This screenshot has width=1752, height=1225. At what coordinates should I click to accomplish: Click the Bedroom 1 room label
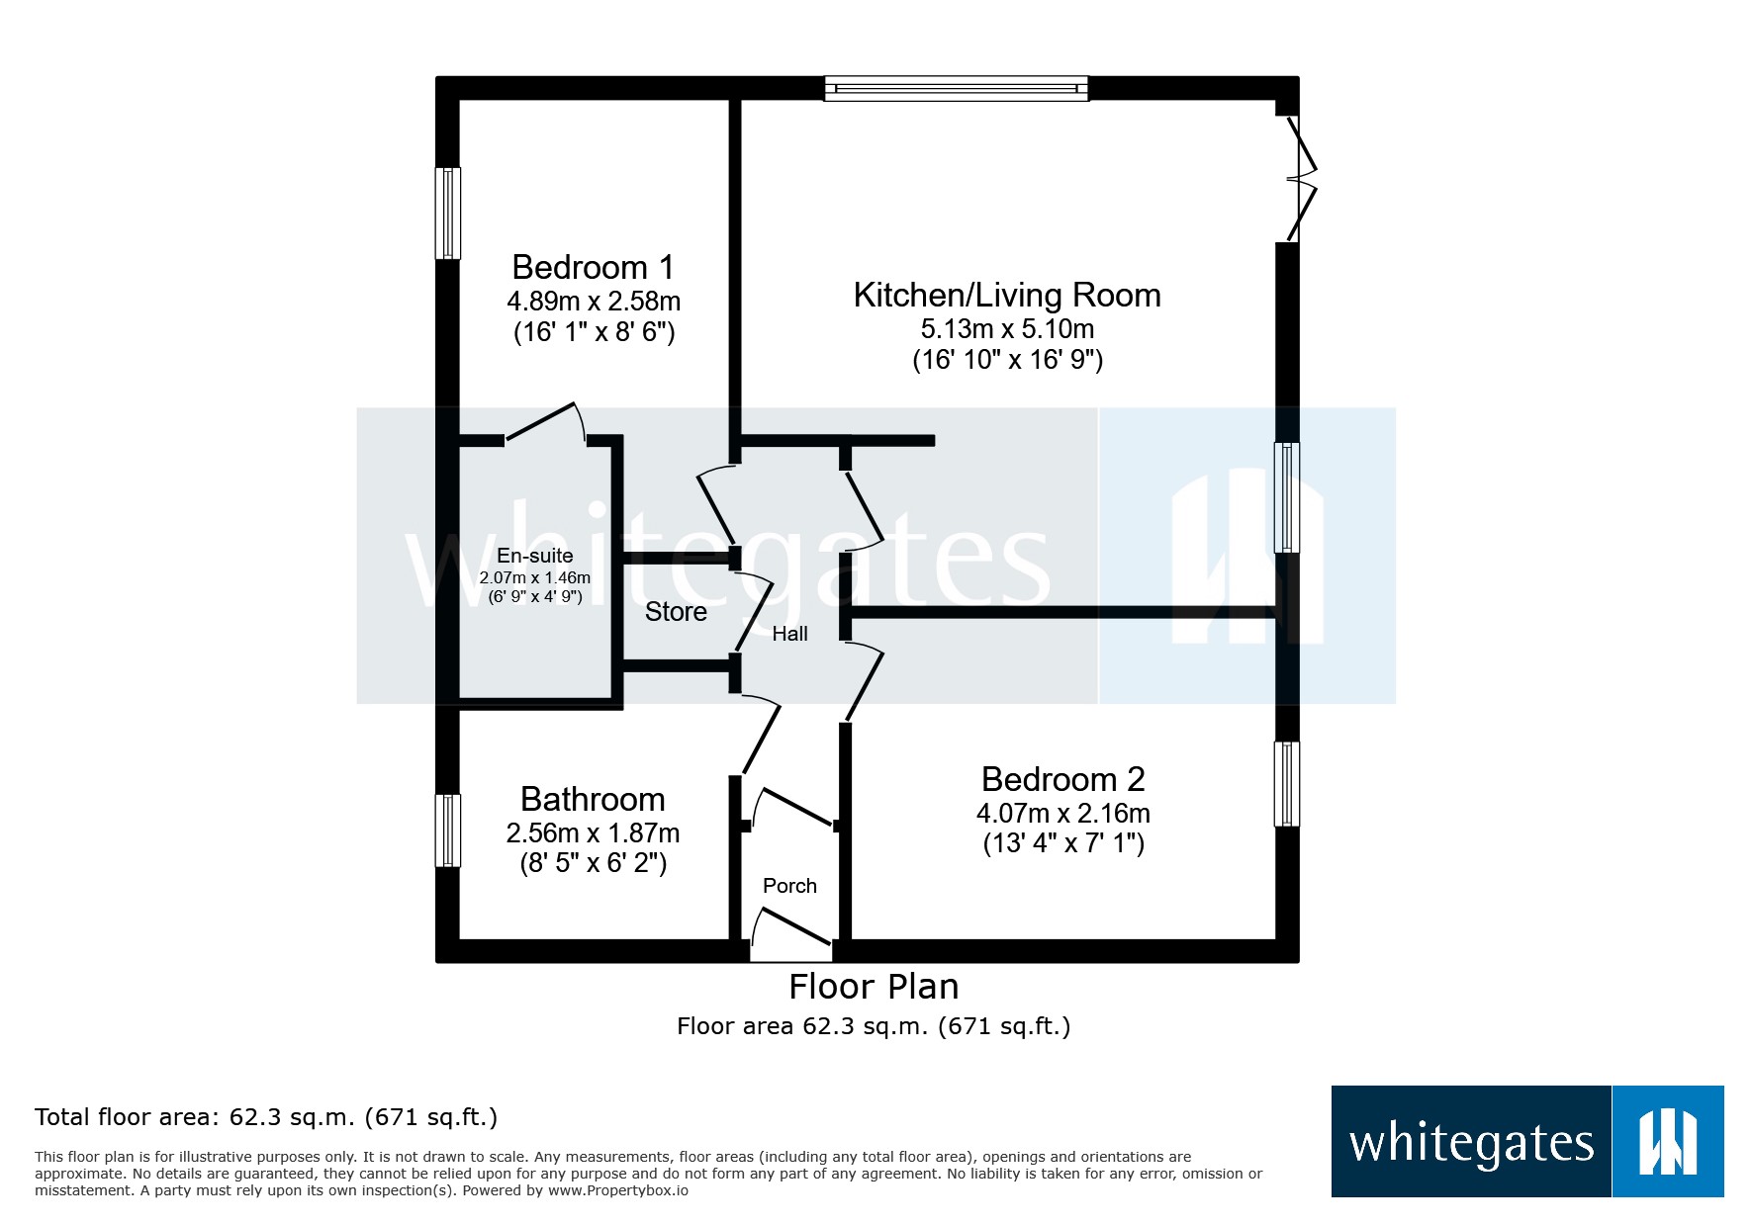tap(593, 267)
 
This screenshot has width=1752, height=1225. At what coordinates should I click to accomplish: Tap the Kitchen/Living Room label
tap(1006, 295)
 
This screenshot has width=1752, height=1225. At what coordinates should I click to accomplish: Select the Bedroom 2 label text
tap(1062, 779)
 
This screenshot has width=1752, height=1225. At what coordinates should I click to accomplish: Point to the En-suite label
tap(534, 556)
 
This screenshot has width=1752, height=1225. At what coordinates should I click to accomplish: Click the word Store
tap(676, 612)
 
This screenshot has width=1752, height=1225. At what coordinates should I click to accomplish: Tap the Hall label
tap(789, 634)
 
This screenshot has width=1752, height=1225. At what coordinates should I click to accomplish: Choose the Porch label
tap(789, 886)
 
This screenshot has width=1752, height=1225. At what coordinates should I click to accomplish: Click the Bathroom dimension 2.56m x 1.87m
tap(593, 832)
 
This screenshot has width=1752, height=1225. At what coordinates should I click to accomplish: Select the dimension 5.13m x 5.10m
tap(1006, 328)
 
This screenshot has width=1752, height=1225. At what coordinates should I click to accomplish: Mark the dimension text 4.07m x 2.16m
tap(1062, 813)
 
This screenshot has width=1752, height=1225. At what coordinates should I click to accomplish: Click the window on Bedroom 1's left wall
tap(449, 213)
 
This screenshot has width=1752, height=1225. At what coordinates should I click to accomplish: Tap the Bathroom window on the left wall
tap(449, 831)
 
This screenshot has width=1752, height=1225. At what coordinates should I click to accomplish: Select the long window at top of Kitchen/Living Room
tap(957, 89)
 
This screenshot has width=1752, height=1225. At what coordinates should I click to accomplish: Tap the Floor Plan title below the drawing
tap(874, 987)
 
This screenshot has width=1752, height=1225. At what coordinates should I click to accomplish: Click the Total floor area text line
tap(266, 1117)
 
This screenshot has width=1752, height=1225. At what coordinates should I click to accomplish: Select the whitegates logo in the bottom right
tap(1526, 1141)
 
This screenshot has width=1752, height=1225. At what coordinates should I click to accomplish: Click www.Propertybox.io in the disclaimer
tap(618, 1190)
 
